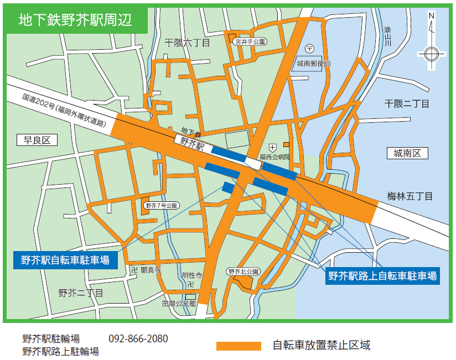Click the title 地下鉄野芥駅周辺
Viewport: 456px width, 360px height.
(x=75, y=20)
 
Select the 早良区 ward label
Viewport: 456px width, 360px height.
(x=37, y=140)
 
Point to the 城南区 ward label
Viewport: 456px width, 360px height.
(x=407, y=153)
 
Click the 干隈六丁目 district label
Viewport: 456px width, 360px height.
(x=188, y=43)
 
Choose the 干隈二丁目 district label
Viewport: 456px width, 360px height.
(x=407, y=103)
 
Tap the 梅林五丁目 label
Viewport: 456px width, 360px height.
(x=410, y=196)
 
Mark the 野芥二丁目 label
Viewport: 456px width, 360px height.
(x=81, y=293)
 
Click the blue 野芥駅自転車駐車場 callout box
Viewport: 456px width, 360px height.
(x=65, y=259)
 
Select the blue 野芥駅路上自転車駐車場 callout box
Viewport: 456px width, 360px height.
(x=382, y=275)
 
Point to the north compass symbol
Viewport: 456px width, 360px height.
(x=431, y=53)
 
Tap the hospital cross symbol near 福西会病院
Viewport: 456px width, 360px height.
(x=272, y=148)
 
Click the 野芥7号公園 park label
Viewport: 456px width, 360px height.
(x=160, y=206)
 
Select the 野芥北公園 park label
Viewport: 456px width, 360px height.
(x=243, y=272)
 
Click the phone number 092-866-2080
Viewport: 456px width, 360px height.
(x=138, y=338)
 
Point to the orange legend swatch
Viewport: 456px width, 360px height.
(x=238, y=346)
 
